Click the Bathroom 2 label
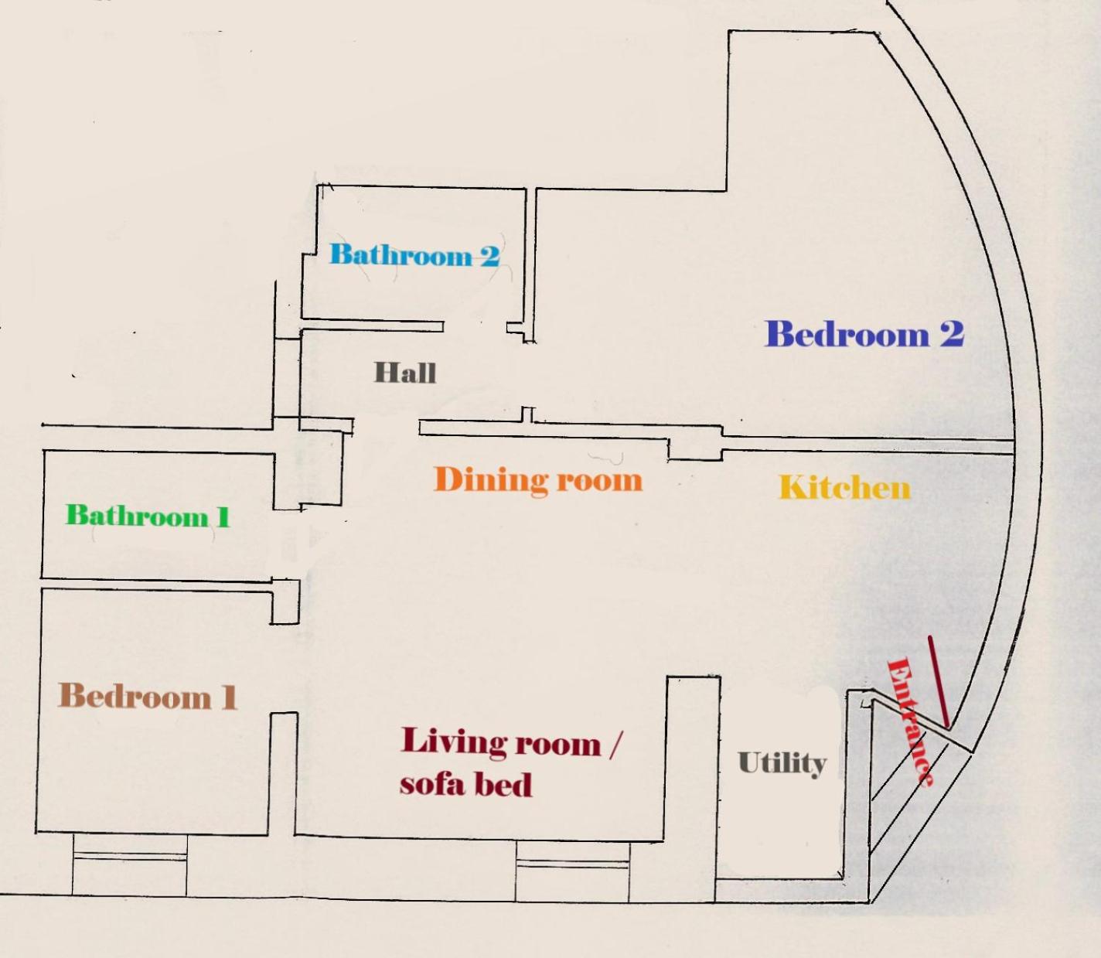(x=414, y=254)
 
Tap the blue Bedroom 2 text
(x=864, y=334)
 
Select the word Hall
(x=405, y=373)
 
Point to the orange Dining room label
(x=539, y=479)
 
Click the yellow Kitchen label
(x=845, y=488)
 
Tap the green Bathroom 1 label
(x=148, y=516)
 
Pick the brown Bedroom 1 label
(x=148, y=696)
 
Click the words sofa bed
(x=466, y=784)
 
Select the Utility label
(x=782, y=764)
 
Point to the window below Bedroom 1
(x=130, y=865)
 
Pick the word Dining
(x=490, y=479)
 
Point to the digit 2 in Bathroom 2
(x=490, y=255)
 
